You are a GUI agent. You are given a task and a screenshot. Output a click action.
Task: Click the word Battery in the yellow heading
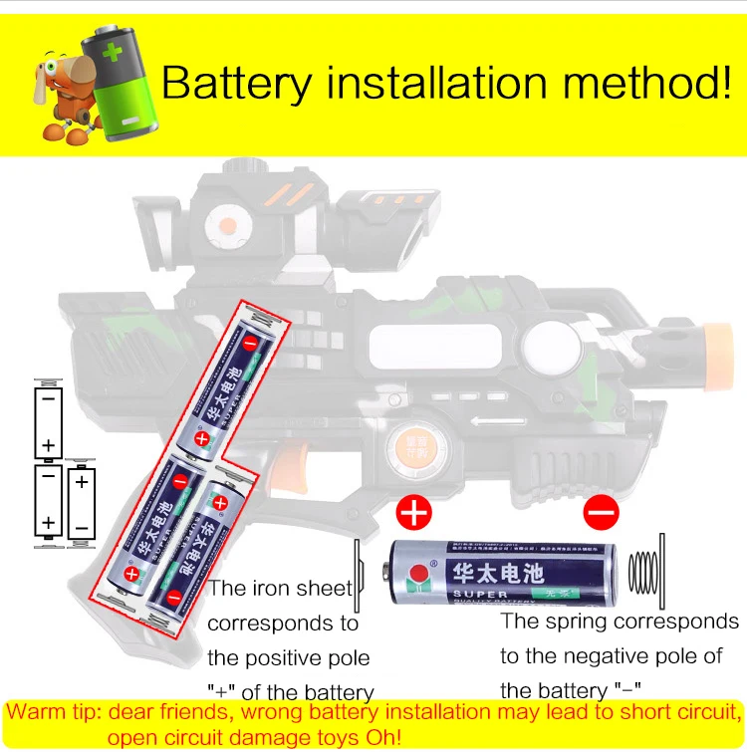tap(235, 84)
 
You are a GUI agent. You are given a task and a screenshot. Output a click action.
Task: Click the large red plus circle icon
tap(414, 513)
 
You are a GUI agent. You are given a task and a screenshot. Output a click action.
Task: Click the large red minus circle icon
tap(602, 513)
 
